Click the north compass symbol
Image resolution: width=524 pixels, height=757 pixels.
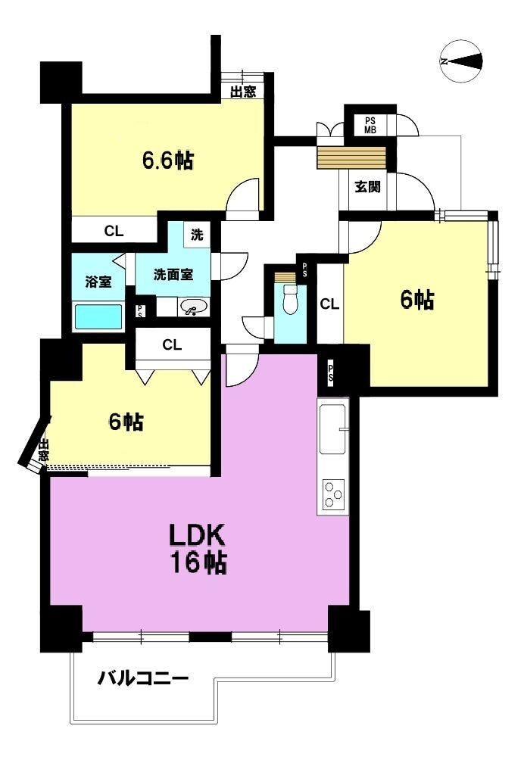coord(461,61)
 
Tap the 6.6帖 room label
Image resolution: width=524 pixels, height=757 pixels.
coord(167,160)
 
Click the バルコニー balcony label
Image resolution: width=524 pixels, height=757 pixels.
coord(143,679)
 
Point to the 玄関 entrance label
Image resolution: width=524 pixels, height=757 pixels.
coord(367,186)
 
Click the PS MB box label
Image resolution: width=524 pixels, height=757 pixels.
coord(370,125)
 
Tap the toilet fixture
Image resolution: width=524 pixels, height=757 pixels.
coord(290,298)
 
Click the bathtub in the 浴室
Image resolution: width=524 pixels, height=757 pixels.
coord(98,316)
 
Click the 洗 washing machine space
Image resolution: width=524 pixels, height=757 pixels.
coord(197,235)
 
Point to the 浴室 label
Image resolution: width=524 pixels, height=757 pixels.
coord(98,282)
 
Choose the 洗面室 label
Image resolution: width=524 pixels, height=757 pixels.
coord(173,275)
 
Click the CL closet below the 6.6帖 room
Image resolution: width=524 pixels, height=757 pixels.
coord(114,231)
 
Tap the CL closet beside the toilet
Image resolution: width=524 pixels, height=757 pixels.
coord(329,304)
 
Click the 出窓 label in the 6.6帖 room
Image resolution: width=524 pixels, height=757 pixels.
coord(243,92)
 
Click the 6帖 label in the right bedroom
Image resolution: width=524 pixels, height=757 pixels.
coord(416,300)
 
